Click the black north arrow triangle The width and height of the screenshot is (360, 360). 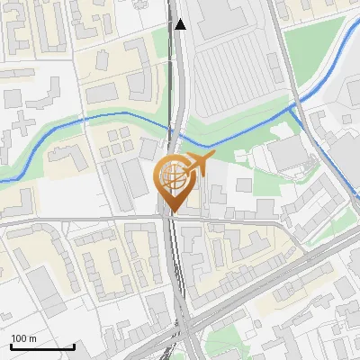point(181,24)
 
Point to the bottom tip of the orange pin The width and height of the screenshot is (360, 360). point(171,212)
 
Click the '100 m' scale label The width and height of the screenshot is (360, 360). point(24,338)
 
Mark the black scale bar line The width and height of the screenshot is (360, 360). point(42,346)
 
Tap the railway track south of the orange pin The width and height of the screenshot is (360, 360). point(175,270)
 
